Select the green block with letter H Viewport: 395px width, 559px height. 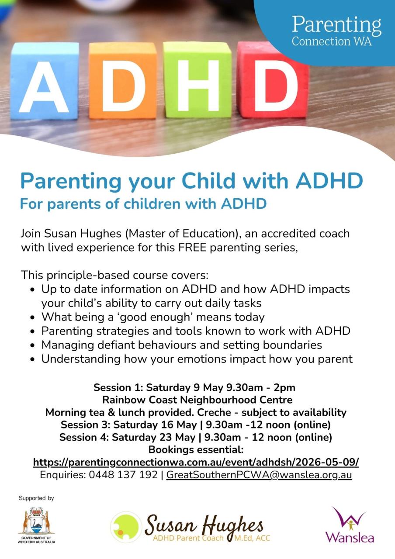(x=197, y=80)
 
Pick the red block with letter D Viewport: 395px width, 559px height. (x=271, y=80)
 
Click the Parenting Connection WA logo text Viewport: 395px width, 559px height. (x=336, y=31)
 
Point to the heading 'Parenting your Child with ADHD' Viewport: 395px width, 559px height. (x=192, y=180)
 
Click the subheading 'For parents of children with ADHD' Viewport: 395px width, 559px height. (x=144, y=204)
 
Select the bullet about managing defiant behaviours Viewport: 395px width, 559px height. (x=181, y=345)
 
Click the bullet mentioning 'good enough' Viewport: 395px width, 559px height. (x=153, y=317)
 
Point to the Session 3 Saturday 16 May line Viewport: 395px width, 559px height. (x=195, y=425)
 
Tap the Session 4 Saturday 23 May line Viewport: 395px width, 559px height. (x=195, y=437)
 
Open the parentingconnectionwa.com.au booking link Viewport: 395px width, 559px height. (x=196, y=462)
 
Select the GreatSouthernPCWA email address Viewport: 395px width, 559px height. (x=259, y=475)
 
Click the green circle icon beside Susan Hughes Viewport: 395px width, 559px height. (x=126, y=527)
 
